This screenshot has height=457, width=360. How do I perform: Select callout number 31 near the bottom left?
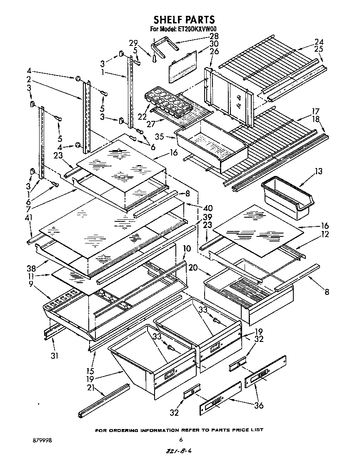click(55, 355)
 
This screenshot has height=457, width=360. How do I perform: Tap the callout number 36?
click(258, 405)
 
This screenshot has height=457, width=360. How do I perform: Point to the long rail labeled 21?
click(103, 400)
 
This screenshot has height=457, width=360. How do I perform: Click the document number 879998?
click(43, 439)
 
